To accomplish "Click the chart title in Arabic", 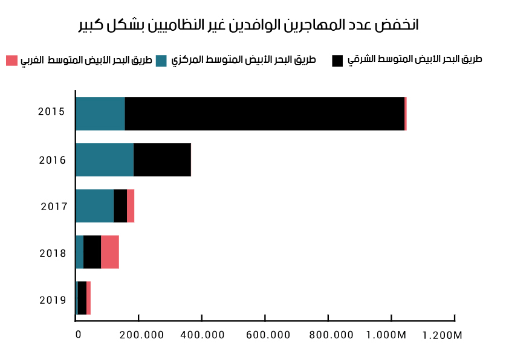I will coord(248,25).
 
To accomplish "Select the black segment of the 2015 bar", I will coord(264,114).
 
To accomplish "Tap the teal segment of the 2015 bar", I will coord(100,114).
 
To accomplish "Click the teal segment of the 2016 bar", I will coord(104,159).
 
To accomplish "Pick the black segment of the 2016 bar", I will coord(162,159).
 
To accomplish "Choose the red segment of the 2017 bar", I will coord(131,205).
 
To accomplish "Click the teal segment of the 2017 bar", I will coord(94,205).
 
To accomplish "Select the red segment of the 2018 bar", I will coord(110,251).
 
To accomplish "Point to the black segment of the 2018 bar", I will coord(92,251).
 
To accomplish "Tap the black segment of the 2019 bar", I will coord(82,298).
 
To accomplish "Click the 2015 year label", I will coord(51,112).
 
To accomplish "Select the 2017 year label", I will coord(54,207).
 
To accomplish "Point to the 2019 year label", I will coord(53,300).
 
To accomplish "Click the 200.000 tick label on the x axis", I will coord(138,335).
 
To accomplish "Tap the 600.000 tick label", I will coord(265,335).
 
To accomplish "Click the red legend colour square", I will coord(11,60).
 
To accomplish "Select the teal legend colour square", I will coord(161,60).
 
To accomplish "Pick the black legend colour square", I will coord(337,60).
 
